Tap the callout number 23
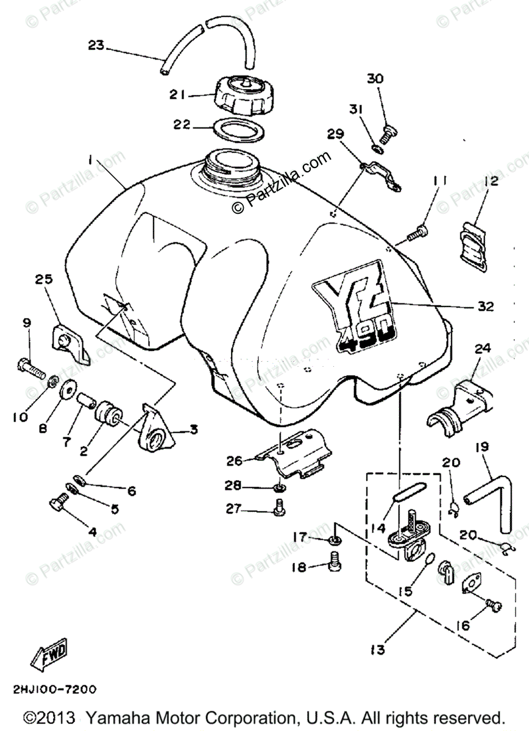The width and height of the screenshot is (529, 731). pyautogui.click(x=96, y=45)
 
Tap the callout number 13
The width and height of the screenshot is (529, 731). pyautogui.click(x=377, y=650)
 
